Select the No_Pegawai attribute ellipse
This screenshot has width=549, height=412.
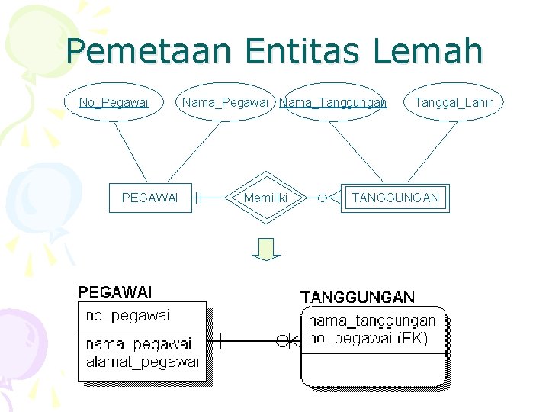(x=114, y=102)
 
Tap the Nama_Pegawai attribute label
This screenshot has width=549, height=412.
(x=225, y=102)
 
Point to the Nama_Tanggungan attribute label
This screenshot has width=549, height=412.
(x=333, y=102)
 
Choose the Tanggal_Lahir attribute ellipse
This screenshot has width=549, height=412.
(x=453, y=102)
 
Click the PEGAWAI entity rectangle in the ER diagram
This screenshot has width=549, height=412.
(x=150, y=198)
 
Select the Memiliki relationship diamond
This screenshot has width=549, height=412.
(x=265, y=198)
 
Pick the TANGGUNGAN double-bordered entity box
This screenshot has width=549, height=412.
(x=395, y=198)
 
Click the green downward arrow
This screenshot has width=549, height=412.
(x=267, y=249)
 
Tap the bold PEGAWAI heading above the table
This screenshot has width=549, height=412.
(x=115, y=292)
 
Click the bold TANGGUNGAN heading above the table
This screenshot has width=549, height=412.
(x=358, y=297)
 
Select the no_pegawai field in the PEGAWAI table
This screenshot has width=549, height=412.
(x=127, y=315)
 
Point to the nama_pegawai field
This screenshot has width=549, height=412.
(x=139, y=344)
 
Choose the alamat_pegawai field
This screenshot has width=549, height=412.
(x=142, y=361)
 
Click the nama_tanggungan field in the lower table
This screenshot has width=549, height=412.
(x=371, y=320)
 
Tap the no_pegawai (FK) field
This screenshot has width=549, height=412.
(x=368, y=338)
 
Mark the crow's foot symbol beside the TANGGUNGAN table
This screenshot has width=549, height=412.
(x=287, y=340)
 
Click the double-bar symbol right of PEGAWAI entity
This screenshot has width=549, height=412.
(x=197, y=198)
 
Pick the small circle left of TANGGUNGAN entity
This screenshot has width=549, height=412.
(x=323, y=198)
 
